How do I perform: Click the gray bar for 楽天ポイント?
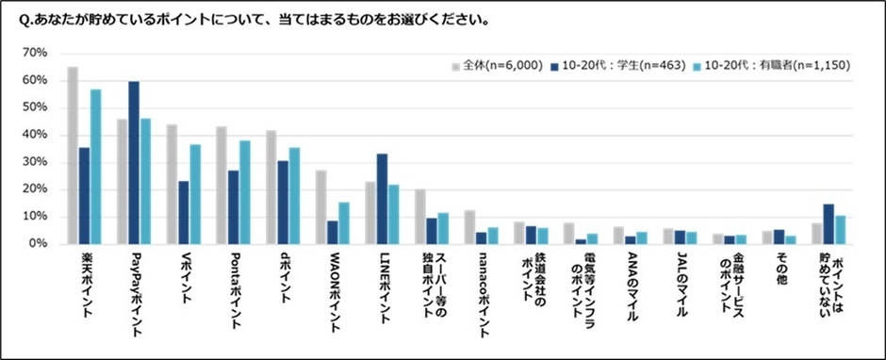(73, 155)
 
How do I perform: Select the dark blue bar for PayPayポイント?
(134, 162)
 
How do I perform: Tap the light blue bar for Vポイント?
(195, 194)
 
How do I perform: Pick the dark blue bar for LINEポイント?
(381, 199)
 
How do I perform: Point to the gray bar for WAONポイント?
(320, 207)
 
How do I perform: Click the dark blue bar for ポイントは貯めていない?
(829, 224)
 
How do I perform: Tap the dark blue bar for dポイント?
(282, 202)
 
